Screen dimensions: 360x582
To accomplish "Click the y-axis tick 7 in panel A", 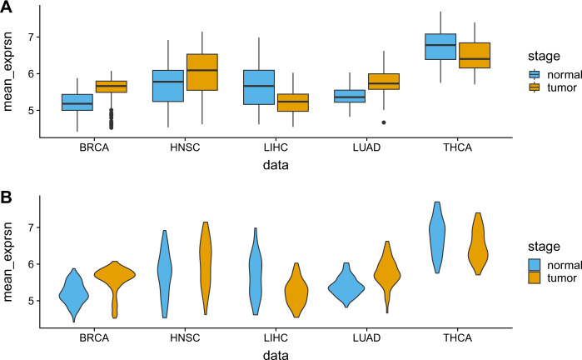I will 32,37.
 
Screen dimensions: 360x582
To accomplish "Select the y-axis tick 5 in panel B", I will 32,301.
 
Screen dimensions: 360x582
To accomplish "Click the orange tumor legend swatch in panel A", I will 535,87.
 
